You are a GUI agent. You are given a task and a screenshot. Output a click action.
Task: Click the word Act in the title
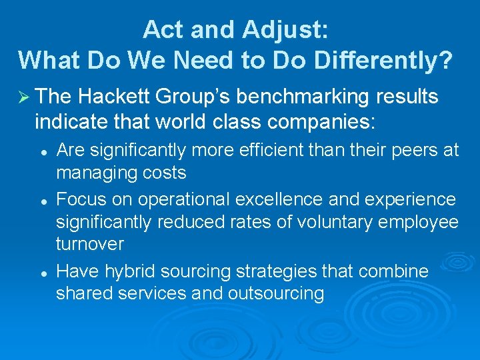tap(162, 29)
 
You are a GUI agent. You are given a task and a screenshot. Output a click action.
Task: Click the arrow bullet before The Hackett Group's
tap(23, 97)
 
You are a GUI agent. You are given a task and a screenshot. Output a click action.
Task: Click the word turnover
tap(90, 245)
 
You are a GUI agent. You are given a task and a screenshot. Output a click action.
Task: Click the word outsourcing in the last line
tap(276, 294)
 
